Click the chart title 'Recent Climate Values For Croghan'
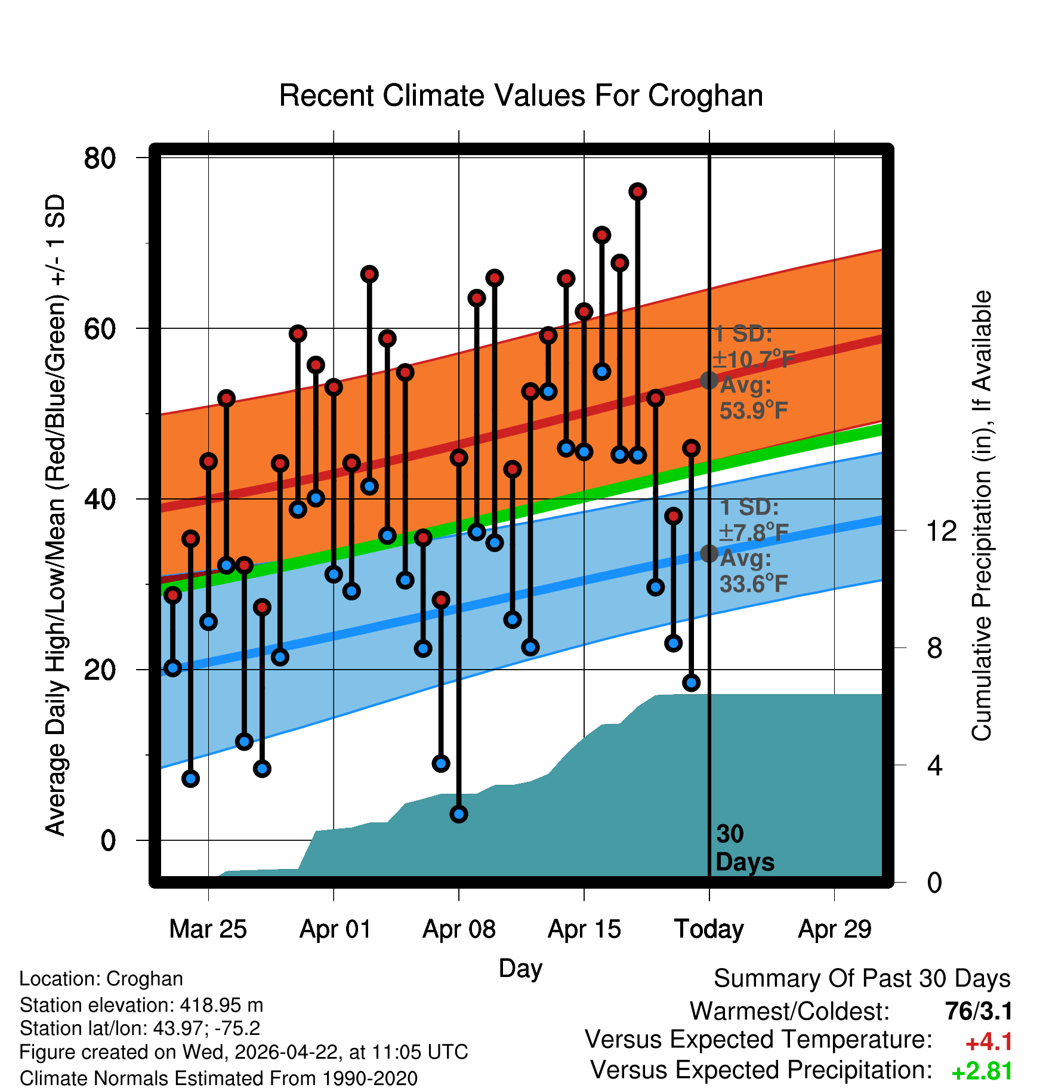521,95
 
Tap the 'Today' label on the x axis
709,929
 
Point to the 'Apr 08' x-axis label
459,929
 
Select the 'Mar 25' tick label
208,929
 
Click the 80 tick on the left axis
100,158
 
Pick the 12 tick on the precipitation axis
942,531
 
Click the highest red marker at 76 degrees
637,192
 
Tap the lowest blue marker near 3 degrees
459,814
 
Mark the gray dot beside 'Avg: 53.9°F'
709,380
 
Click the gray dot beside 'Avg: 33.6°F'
709,553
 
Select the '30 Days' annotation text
744,848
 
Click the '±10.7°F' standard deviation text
754,359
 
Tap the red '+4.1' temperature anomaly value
989,1042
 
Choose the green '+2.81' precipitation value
982,1071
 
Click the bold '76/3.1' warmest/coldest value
979,1011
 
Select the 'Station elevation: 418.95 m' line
141,1005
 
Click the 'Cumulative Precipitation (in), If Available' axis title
982,516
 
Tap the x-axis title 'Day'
520,968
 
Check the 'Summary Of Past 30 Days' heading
862,979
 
